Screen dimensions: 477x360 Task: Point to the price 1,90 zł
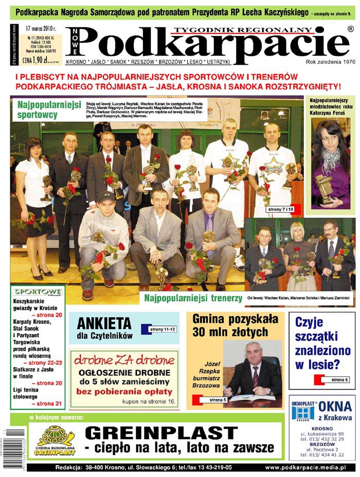coord(38,60)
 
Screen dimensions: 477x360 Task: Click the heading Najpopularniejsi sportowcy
coord(49,109)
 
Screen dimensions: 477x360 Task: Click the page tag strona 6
coord(339,379)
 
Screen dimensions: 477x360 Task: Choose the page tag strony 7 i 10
coord(280,210)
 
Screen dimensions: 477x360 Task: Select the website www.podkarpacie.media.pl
coord(305,467)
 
